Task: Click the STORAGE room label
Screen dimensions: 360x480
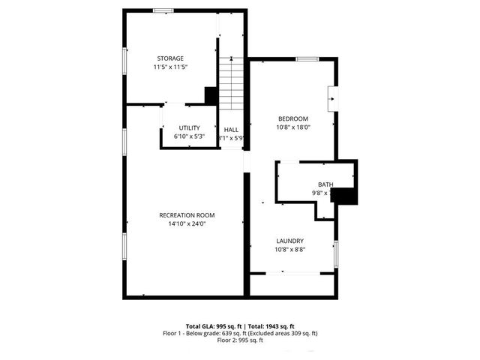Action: click(x=170, y=58)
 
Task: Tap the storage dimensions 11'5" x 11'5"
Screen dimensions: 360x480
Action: click(x=170, y=67)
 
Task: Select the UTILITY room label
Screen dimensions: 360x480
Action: click(x=189, y=128)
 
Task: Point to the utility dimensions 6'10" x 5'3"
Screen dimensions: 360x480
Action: click(x=189, y=136)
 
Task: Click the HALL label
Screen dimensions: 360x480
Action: click(x=231, y=130)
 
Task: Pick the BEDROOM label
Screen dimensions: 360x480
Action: click(x=293, y=118)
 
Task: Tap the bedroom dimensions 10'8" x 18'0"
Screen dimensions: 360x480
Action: click(x=293, y=127)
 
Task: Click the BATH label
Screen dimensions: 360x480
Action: click(x=325, y=184)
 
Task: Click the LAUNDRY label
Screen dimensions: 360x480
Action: click(x=290, y=241)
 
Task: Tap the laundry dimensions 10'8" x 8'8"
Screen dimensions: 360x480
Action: click(x=290, y=249)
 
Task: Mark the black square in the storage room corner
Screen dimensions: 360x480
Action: click(x=211, y=96)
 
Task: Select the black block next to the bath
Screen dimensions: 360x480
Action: click(x=345, y=196)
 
